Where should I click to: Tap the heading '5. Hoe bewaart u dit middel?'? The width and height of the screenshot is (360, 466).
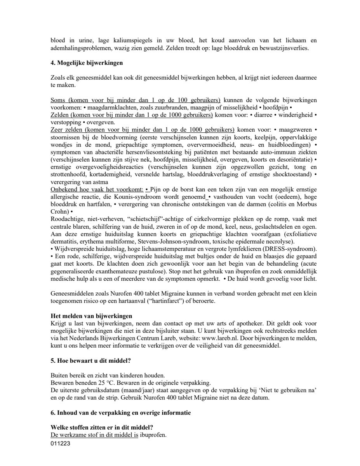click(90, 360)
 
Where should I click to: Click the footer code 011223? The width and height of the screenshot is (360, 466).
click(60, 442)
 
